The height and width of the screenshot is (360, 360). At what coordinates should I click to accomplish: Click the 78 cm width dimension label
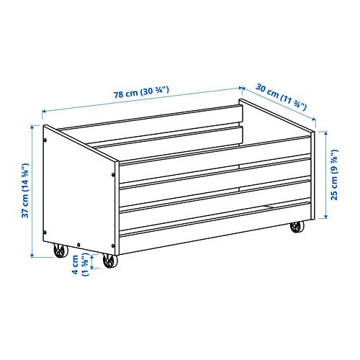[141, 92]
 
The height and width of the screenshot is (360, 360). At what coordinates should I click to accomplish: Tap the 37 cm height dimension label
[25, 190]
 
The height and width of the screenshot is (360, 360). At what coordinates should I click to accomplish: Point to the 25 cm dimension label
[334, 175]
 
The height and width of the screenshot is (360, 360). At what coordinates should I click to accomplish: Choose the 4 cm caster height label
[81, 264]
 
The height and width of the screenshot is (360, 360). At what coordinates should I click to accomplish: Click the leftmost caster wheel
[60, 251]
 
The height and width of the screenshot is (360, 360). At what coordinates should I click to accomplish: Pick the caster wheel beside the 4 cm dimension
[110, 261]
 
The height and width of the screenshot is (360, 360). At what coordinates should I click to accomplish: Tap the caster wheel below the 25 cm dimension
[297, 227]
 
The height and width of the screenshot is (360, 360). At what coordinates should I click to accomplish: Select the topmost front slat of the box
[215, 160]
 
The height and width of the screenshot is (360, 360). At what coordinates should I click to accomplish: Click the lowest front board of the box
[215, 228]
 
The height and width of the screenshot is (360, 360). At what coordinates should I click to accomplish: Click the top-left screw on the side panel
[45, 140]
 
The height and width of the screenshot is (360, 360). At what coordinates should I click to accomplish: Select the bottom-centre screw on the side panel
[78, 245]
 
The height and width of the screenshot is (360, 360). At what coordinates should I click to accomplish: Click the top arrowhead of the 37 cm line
[32, 127]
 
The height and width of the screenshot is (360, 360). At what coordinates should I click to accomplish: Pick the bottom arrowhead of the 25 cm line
[325, 217]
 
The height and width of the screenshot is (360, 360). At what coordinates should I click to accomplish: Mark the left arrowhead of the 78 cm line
[44, 111]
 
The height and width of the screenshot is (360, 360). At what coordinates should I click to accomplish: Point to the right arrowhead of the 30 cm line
[313, 119]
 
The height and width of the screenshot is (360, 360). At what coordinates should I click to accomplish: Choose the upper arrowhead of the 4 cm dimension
[92, 256]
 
